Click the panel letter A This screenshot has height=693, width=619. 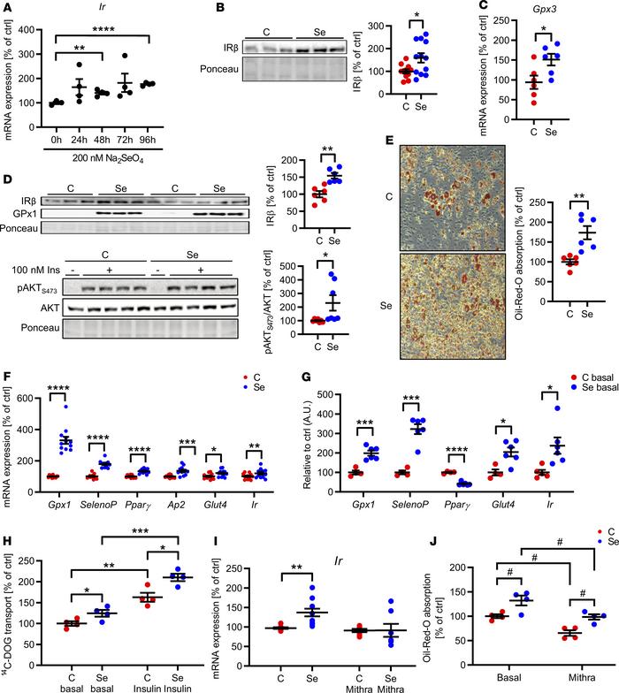(7, 9)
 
